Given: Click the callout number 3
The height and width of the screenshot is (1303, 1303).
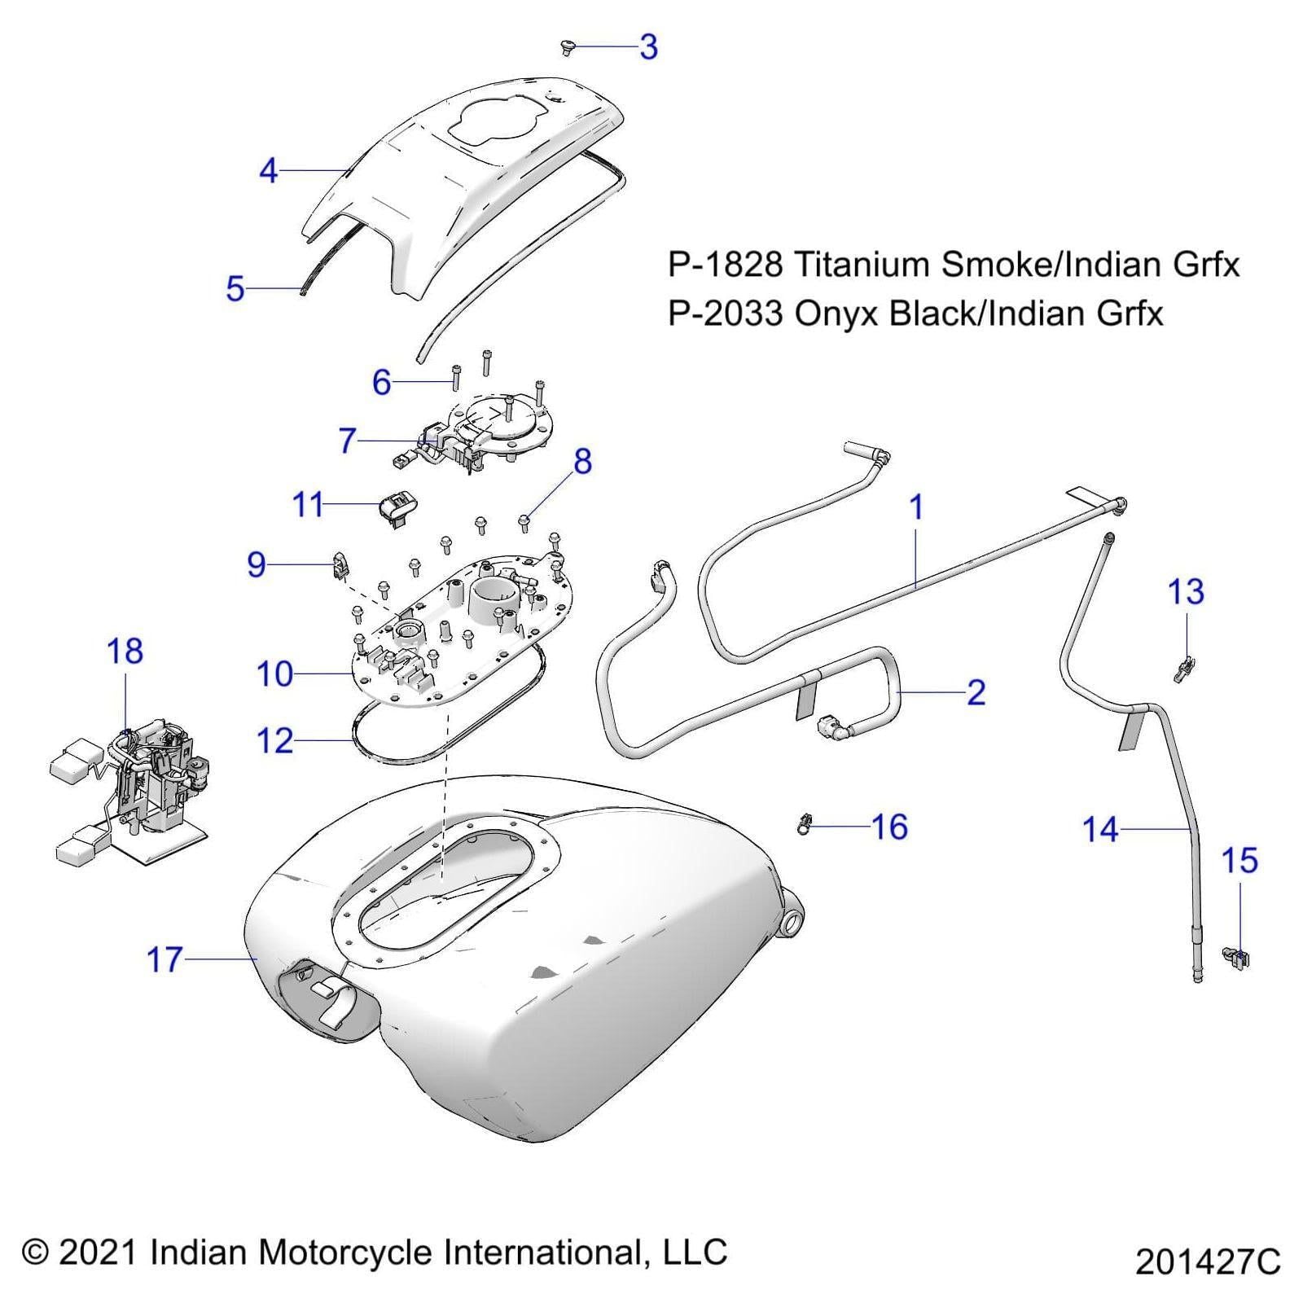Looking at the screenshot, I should [648, 47].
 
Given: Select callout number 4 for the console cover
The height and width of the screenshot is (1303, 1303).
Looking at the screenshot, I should [269, 171].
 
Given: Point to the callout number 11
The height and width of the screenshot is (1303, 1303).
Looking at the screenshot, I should [308, 506].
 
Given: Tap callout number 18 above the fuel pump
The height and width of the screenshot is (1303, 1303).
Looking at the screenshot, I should [125, 651].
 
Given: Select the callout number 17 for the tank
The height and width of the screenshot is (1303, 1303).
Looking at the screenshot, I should [165, 960].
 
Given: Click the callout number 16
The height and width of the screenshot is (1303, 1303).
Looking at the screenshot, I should [889, 827].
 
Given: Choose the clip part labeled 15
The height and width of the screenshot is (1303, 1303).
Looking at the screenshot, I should [1236, 959].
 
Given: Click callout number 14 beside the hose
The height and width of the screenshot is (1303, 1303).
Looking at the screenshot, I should [1100, 830].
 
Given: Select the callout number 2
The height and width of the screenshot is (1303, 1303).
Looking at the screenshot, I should [976, 692].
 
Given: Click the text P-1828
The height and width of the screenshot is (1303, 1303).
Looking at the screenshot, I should [725, 265].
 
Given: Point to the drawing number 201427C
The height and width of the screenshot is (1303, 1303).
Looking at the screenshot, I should [1208, 1262].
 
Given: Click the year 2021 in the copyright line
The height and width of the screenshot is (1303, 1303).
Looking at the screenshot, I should [98, 1253].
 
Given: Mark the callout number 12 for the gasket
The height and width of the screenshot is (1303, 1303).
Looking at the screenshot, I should [274, 741].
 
